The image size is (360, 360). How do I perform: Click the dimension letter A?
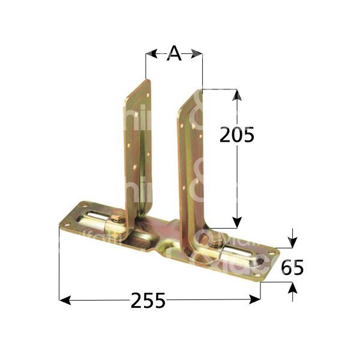click(173, 54)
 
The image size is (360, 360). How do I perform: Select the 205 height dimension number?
click(236, 135)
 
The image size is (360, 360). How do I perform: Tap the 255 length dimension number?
click(148, 299)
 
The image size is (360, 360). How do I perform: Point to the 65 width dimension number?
click(292, 267)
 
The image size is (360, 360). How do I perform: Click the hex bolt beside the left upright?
click(118, 217)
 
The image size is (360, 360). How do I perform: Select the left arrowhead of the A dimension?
click(151, 54)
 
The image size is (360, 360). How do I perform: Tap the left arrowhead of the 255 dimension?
click(65, 299)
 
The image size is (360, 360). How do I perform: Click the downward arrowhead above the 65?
click(292, 242)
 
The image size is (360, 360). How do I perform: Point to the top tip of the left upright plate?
click(146, 80)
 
